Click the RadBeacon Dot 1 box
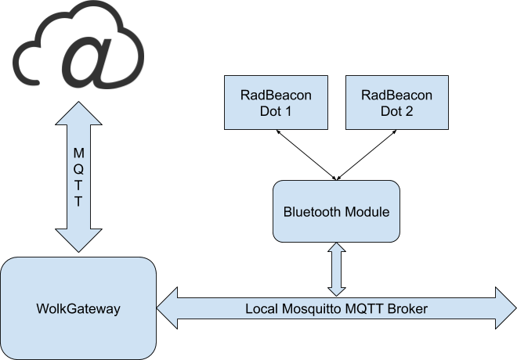pyautogui.click(x=276, y=103)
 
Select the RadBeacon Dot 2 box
pyautogui.click(x=397, y=103)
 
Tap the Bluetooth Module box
pyautogui.click(x=336, y=211)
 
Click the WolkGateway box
pyautogui.click(x=78, y=308)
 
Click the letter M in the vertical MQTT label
pyautogui.click(x=78, y=151)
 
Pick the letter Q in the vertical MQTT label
pyautogui.click(x=78, y=167)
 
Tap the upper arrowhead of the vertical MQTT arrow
pyautogui.click(x=78, y=116)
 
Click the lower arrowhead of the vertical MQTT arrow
pyautogui.click(x=78, y=239)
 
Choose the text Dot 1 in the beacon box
pyautogui.click(x=276, y=111)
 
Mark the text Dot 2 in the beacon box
pyautogui.click(x=397, y=111)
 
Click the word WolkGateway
pyautogui.click(x=78, y=309)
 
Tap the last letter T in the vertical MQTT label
pyautogui.click(x=78, y=201)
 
